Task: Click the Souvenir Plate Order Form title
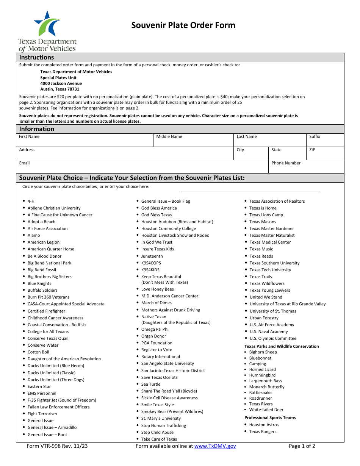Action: (183, 25)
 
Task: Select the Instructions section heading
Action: (37, 57)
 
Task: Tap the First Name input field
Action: (85, 142)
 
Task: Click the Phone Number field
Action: (306, 168)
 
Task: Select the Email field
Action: (142, 168)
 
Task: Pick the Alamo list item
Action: (34, 235)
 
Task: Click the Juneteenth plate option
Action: (152, 256)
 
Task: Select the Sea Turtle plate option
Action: (151, 384)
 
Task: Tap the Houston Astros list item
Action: (264, 425)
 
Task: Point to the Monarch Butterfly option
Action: (267, 387)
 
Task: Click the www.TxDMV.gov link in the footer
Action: (215, 446)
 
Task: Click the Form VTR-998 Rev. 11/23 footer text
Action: (57, 446)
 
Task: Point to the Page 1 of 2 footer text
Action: (302, 446)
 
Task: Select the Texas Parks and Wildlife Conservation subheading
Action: (282, 346)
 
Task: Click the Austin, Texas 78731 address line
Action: (60, 89)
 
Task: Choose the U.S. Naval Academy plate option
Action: (269, 332)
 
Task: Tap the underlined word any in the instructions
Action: (181, 116)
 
